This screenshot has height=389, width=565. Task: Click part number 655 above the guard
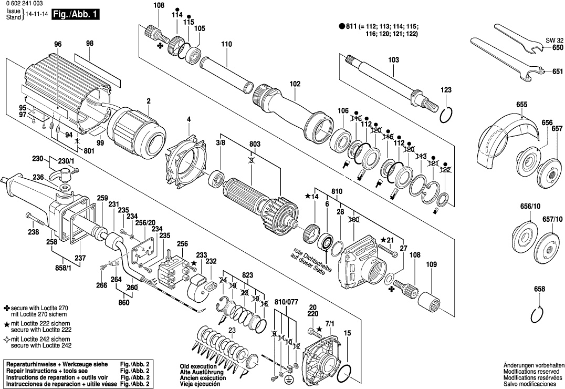click(x=521, y=105)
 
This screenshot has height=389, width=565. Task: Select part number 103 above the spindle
click(x=393, y=60)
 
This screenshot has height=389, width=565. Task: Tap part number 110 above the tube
click(x=226, y=44)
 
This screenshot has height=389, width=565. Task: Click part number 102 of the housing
click(x=295, y=83)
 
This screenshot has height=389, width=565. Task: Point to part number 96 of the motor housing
click(x=58, y=44)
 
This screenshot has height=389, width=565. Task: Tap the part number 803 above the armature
click(x=255, y=144)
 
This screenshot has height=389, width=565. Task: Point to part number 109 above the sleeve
click(x=431, y=264)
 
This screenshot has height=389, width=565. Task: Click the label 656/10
click(x=526, y=207)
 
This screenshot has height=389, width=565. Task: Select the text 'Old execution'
click(x=198, y=366)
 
